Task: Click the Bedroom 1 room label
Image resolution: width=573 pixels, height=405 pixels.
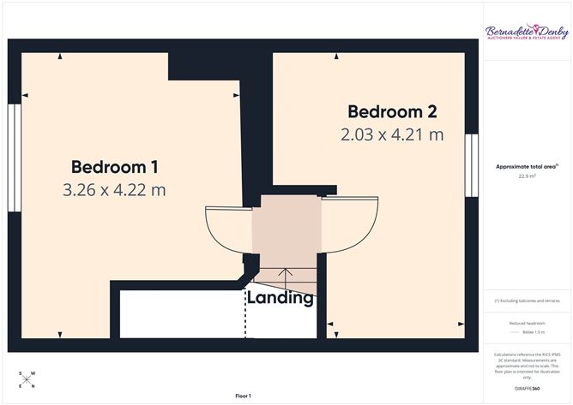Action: pos(114,166)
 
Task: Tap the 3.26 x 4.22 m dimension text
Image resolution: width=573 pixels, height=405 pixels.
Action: pos(114,190)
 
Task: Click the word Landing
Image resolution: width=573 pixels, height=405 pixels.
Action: pos(280,298)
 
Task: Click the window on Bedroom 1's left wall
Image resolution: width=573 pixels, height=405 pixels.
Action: pos(13,158)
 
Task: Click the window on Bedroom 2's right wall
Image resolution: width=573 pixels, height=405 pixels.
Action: pos(471,165)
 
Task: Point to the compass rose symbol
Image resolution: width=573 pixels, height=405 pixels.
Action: pos(27,380)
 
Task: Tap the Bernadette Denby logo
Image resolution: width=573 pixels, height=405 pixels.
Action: pos(527,33)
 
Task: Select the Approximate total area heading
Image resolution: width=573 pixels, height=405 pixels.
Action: pos(527,166)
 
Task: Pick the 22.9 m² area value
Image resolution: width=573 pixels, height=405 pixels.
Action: pos(527,176)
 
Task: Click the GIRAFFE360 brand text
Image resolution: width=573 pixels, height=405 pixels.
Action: pos(527,388)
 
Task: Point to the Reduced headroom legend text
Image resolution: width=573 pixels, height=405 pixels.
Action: pos(527,323)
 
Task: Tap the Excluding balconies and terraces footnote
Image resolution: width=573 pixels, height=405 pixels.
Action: pos(527,301)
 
